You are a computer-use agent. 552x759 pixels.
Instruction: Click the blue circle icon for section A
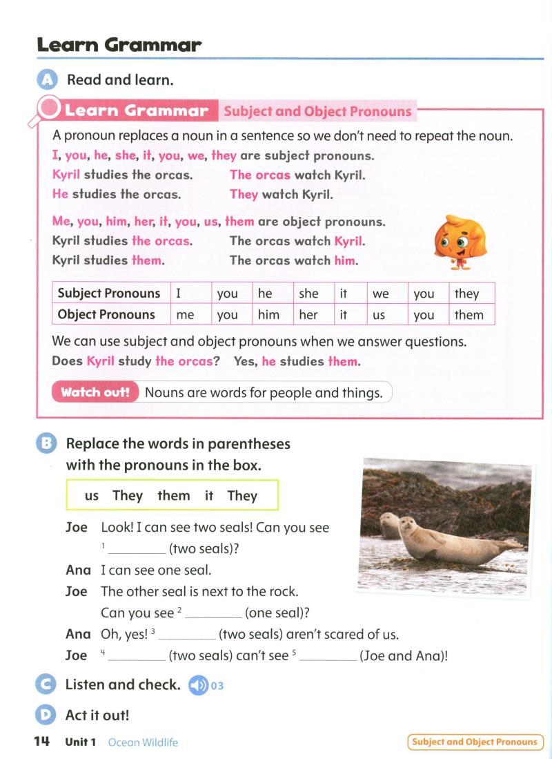point(46,80)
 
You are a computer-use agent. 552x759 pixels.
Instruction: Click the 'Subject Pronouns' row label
point(109,294)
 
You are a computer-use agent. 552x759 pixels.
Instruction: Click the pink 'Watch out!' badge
point(95,393)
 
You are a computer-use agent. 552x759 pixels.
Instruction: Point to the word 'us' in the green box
point(92,496)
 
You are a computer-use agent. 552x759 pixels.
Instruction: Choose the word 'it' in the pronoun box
point(209,496)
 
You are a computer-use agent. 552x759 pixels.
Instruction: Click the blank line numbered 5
point(328,657)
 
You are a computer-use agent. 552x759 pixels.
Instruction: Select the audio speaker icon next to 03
point(198,685)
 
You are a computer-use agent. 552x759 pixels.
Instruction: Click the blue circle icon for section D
point(46,715)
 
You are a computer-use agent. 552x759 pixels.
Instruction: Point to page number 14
point(41,742)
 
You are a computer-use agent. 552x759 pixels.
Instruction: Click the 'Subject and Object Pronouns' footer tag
point(475,742)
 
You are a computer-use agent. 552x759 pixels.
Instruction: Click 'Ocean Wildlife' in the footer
point(143,742)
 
